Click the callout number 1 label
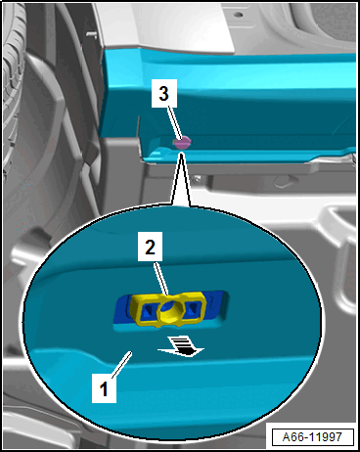coord(104,388)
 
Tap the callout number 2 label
coord(150,247)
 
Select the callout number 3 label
coord(164,93)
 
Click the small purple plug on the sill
coord(182,143)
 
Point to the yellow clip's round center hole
coord(168,311)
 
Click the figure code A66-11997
coord(312,436)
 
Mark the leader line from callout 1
coord(121,365)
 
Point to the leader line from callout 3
coord(174,123)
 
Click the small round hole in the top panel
coord(239,15)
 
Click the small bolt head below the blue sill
coord(197,179)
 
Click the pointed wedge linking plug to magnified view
coord(181,180)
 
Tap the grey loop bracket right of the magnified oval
coord(339,247)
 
